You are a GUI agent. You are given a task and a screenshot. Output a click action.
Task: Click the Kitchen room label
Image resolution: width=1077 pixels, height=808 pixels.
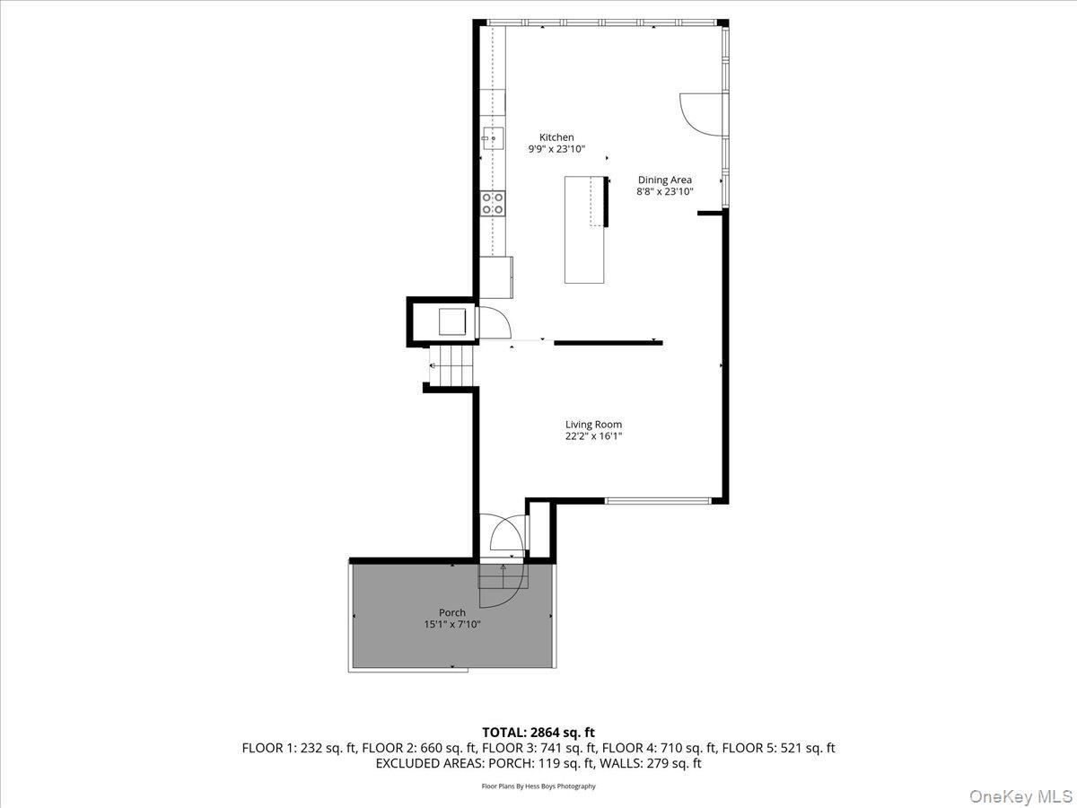[x=556, y=137]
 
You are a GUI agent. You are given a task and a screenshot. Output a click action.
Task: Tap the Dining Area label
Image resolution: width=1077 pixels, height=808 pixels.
[x=664, y=180]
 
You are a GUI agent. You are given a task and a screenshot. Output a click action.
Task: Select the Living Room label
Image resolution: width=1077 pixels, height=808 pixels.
[x=593, y=425]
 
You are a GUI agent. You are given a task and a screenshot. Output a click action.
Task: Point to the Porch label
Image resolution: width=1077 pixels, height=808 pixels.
[x=452, y=612]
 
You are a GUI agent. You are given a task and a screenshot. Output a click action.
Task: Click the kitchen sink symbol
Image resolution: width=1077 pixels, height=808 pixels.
[x=493, y=138]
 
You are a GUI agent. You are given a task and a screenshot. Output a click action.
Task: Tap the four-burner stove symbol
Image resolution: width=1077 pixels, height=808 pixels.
[x=492, y=203]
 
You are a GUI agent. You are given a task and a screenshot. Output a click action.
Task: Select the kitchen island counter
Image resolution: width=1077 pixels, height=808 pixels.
[x=584, y=230]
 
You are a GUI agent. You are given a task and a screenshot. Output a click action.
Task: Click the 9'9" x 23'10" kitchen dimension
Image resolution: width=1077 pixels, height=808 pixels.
[x=556, y=149]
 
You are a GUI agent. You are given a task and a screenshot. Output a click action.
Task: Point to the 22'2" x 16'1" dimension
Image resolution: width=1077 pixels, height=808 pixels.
[x=593, y=436]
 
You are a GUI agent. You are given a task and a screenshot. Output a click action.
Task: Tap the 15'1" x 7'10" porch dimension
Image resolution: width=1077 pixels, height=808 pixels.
[x=452, y=624]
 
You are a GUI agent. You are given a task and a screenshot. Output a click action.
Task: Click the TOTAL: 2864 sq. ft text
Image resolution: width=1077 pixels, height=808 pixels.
[x=538, y=733]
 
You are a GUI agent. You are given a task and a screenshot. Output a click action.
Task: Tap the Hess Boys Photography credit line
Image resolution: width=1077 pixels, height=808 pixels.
[x=538, y=786]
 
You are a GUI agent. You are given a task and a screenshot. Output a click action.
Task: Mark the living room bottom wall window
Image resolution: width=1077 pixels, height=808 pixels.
[x=658, y=499]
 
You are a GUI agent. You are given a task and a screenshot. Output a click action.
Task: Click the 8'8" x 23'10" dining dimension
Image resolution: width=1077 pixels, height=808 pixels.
[x=664, y=191]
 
